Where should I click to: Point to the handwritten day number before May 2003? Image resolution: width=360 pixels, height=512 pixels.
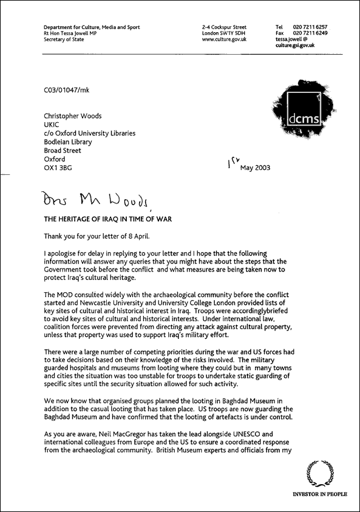(231, 162)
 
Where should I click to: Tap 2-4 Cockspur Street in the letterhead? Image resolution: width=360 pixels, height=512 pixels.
(225, 27)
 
